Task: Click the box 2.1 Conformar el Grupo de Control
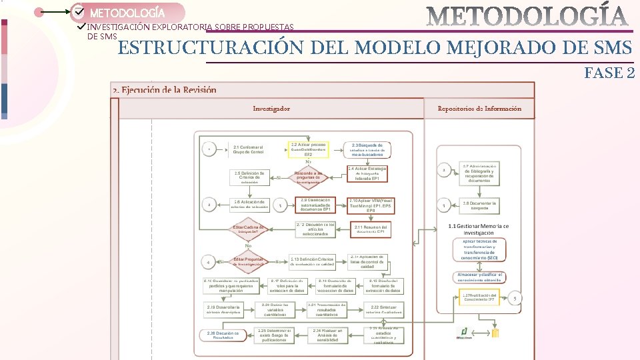[248, 149]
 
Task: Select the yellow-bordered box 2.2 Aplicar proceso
[308, 149]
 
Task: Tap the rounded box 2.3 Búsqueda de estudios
[366, 149]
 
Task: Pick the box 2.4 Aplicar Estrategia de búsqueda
[367, 173]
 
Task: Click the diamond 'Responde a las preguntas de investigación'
[308, 177]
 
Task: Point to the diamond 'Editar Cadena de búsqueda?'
[248, 229]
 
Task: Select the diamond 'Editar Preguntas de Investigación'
[248, 261]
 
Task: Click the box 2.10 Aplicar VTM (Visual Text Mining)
[371, 205]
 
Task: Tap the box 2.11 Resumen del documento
[371, 229]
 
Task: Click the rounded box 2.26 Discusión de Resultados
[223, 335]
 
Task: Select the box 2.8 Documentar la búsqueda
[479, 205]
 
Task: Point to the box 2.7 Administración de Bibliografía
[479, 173]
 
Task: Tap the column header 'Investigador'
[271, 108]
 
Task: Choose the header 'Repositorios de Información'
[479, 108]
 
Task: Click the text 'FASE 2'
[609, 73]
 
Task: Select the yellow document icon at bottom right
[495, 333]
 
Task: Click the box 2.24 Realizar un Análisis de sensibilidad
[327, 335]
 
